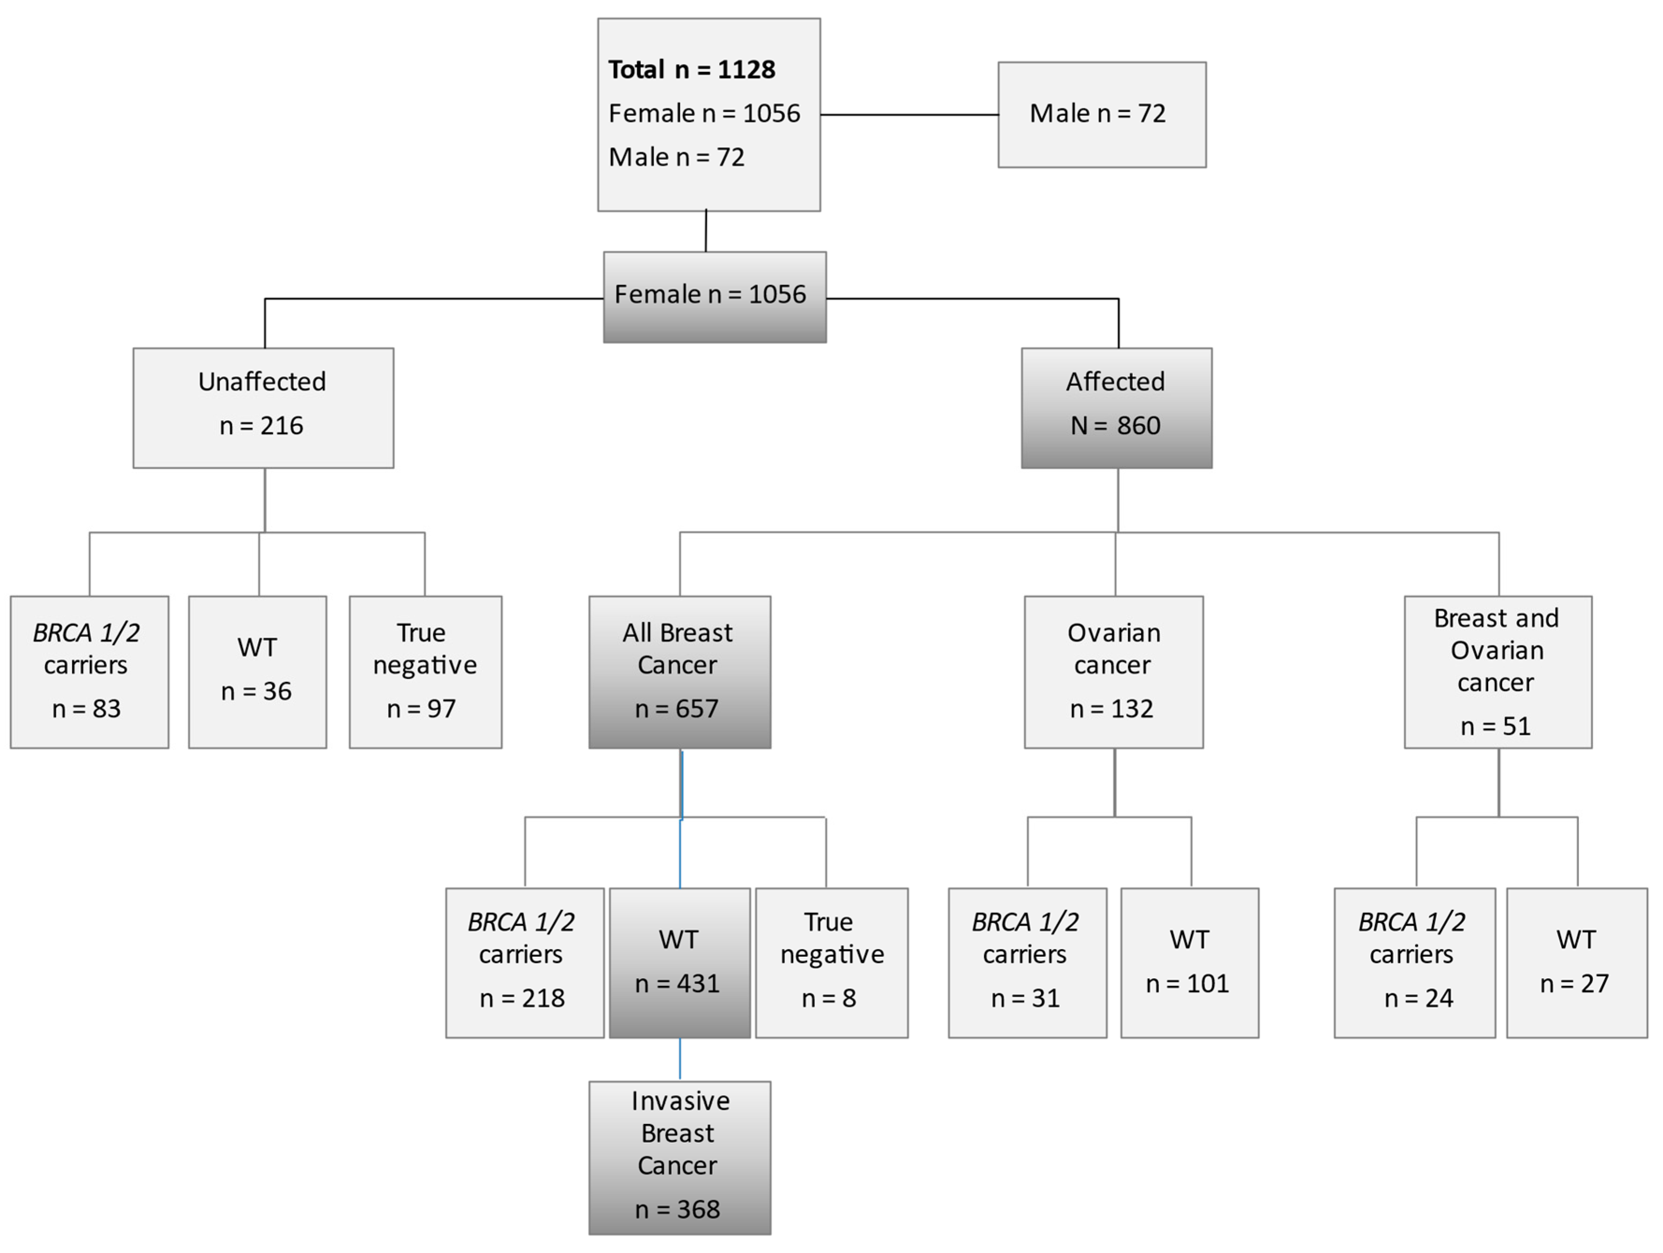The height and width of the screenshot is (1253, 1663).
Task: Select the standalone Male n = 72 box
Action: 1101,114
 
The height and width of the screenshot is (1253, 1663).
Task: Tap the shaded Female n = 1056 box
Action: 714,297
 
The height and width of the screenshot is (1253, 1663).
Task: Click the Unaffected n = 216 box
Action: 263,408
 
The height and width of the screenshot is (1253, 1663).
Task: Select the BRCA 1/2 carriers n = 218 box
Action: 524,962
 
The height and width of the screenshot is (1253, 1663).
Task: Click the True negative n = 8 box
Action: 831,962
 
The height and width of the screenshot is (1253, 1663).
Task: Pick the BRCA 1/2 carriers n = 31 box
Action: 1027,962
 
